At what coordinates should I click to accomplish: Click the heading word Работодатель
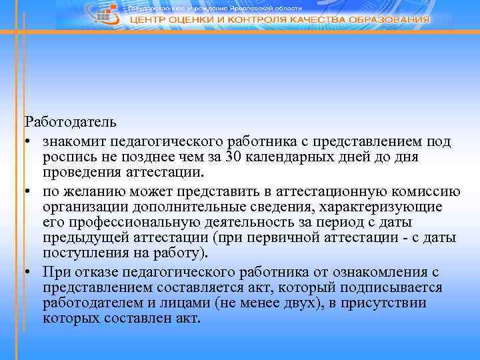71,122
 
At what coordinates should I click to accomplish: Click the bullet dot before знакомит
28,142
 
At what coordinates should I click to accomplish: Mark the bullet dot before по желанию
28,192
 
